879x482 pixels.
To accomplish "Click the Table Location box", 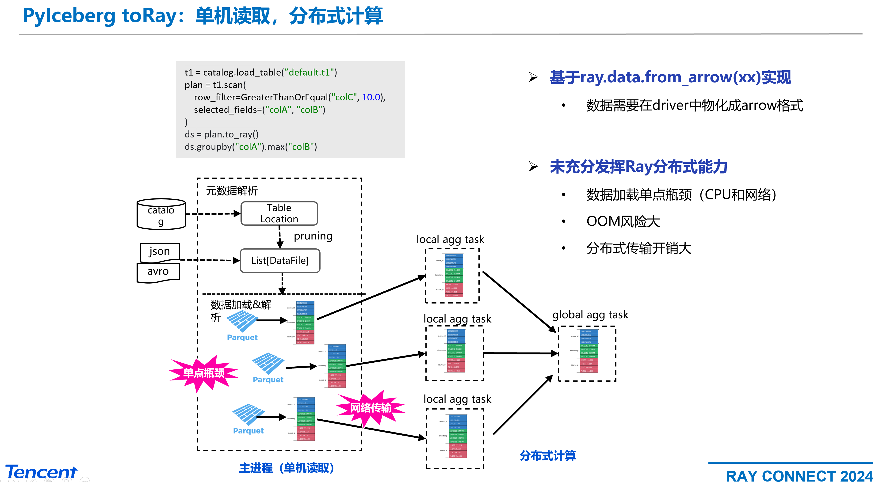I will tap(279, 213).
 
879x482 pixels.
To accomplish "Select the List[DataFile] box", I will tap(280, 261).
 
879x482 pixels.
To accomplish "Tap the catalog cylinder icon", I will tap(161, 214).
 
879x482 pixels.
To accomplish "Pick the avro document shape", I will tap(158, 272).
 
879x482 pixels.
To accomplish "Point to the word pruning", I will tap(313, 236).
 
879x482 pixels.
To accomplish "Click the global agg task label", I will tap(590, 315).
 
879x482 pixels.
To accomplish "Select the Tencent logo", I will tap(41, 472).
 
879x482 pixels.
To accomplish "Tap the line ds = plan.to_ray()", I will tap(222, 134).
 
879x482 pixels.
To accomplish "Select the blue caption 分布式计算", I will tap(548, 456).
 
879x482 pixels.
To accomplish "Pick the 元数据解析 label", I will tap(232, 191).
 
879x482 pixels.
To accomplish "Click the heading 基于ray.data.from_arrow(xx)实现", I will tap(670, 77).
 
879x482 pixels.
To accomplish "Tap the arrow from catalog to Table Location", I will tap(213, 214).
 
